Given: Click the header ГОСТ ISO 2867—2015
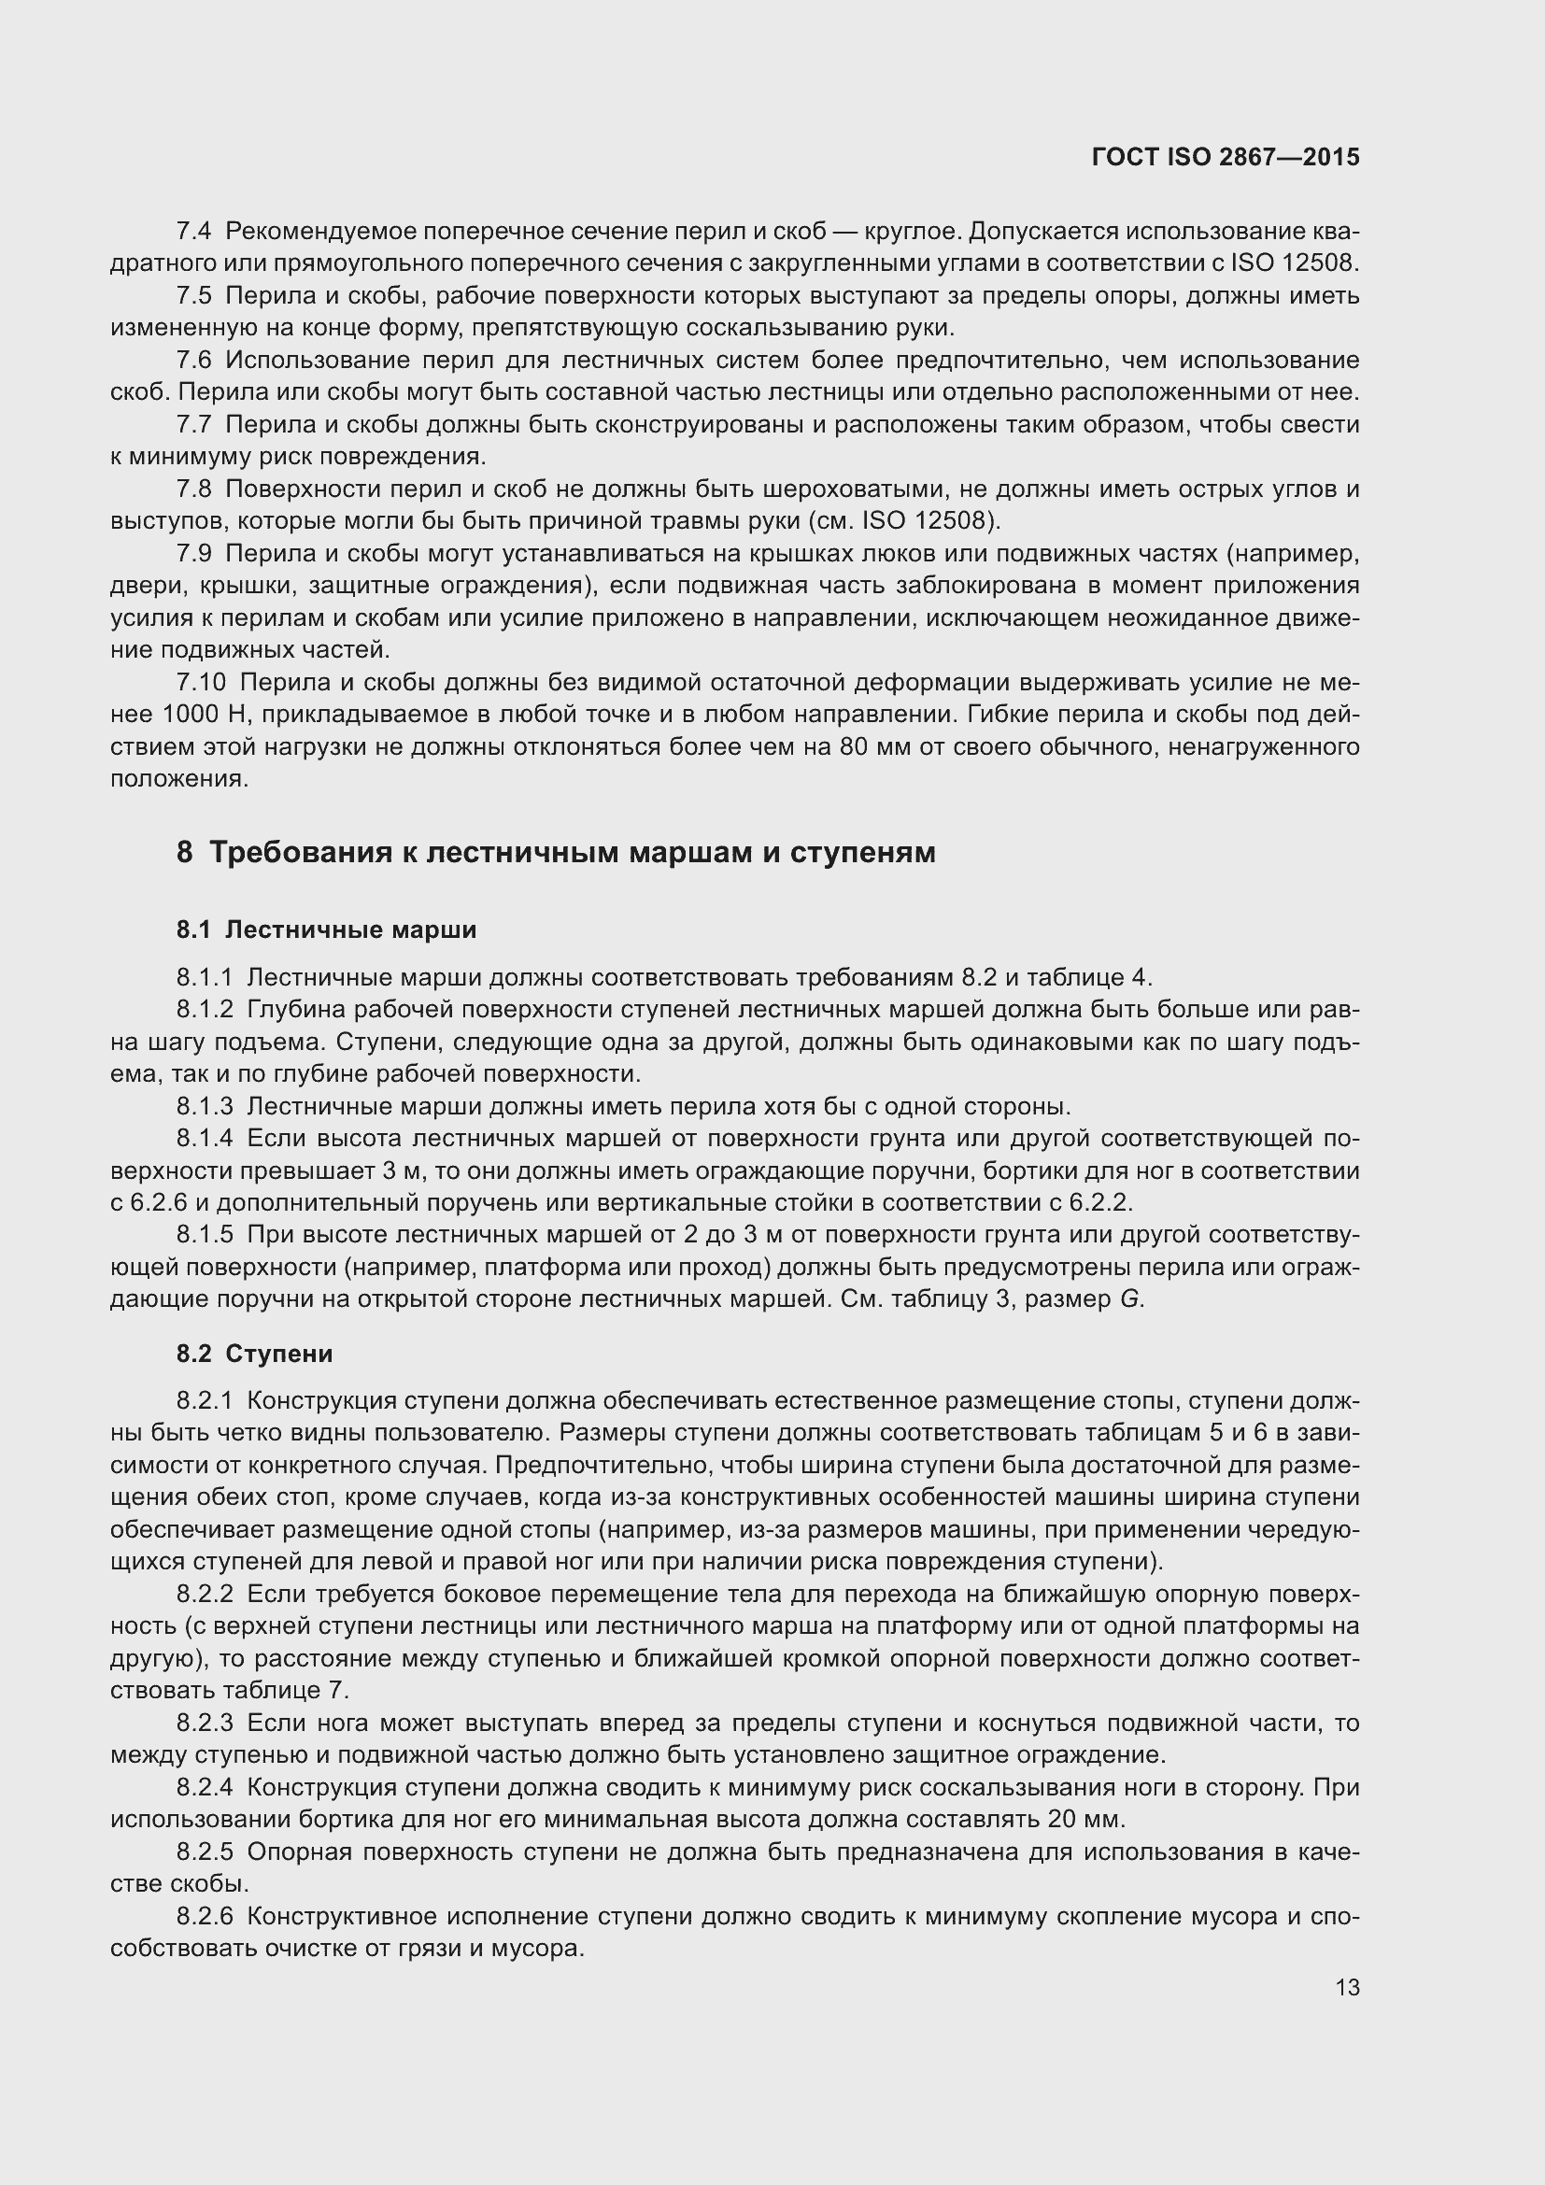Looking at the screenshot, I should tap(1226, 158).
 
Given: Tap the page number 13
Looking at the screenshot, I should tap(1347, 1987).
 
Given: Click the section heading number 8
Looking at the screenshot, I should tap(185, 853).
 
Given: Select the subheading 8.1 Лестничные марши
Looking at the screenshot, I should tap(325, 929).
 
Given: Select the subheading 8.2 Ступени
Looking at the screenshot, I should tap(254, 1354).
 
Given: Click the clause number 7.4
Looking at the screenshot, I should tap(193, 232).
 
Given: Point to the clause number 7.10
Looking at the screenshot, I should tap(201, 682).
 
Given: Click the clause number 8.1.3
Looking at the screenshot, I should tap(204, 1107).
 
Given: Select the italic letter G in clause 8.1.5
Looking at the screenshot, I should tap(1129, 1300).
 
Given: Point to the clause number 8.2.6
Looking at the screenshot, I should tap(204, 1917).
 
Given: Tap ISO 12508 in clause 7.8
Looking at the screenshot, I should tap(928, 521).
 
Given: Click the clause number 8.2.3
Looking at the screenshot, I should tap(204, 1724).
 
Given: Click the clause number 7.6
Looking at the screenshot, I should tap(193, 361).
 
